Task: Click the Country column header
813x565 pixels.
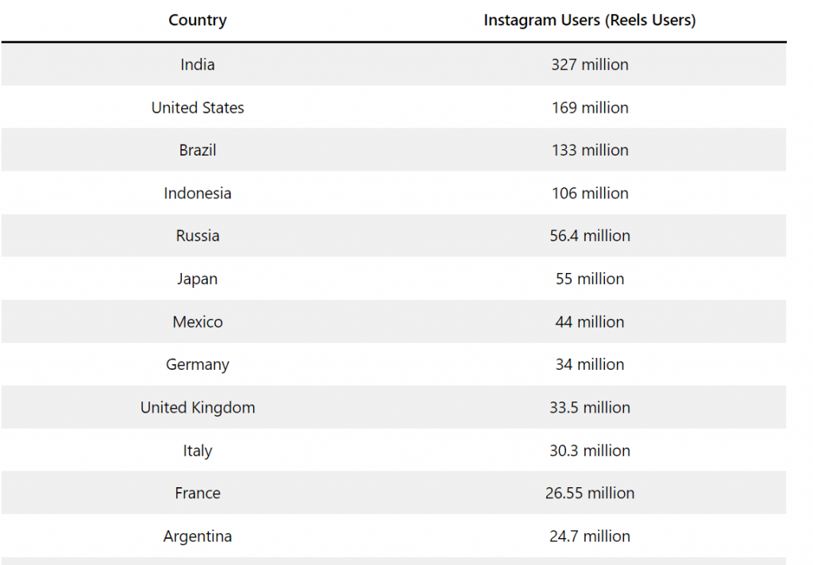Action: [198, 21]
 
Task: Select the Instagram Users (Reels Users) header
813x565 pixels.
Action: [589, 21]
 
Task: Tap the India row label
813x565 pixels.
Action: [198, 64]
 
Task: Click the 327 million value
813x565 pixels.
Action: [589, 64]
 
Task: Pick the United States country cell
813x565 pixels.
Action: [198, 107]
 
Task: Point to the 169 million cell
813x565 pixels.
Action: [589, 107]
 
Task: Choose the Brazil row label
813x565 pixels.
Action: [198, 150]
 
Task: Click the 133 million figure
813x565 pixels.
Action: [589, 150]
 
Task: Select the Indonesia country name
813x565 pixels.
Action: [198, 193]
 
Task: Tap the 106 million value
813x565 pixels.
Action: [589, 193]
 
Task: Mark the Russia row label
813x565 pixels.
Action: [198, 236]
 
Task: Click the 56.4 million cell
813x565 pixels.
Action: [589, 236]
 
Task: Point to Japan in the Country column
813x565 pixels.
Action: [198, 279]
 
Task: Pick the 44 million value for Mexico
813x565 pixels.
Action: [589, 321]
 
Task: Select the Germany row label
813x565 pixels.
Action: [198, 364]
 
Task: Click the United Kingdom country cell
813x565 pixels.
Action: [198, 407]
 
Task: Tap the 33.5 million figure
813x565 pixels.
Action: [589, 407]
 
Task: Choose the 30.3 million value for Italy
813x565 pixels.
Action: [589, 450]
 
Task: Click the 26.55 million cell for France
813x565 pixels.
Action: [589, 493]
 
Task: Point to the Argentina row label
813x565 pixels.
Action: [198, 536]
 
